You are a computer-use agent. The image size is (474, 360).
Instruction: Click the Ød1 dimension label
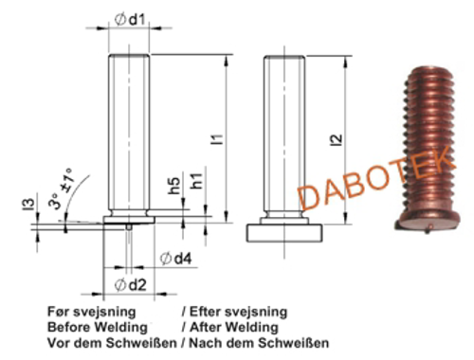131,19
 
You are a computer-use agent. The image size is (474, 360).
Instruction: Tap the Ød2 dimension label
132,283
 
